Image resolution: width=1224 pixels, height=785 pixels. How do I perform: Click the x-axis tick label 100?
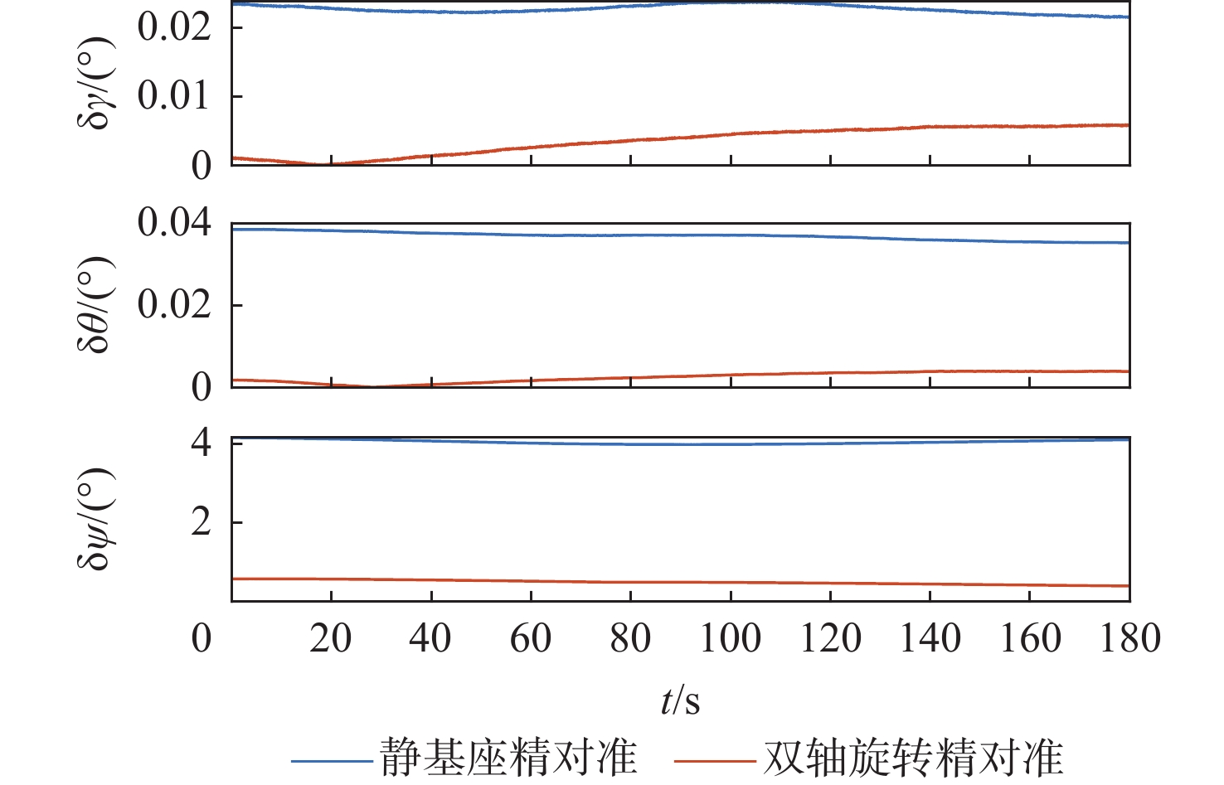tap(730, 639)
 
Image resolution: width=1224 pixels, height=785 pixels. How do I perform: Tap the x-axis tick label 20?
tap(331, 639)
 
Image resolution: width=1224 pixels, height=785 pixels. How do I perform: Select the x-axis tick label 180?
tap(1129, 639)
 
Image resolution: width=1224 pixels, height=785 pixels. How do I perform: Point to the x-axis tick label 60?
tap(531, 639)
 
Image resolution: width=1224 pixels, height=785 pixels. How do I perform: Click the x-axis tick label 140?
tap(930, 639)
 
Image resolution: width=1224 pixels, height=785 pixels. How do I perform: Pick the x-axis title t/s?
tap(681, 702)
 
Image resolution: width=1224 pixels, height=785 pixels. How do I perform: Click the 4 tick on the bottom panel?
tap(202, 443)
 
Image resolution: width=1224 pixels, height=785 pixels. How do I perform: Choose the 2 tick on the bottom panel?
tap(202, 522)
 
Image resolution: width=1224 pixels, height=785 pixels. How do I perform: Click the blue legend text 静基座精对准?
tap(508, 758)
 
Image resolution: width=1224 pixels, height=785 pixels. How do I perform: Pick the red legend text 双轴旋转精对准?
tap(913, 758)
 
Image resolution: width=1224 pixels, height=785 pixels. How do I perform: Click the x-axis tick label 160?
tap(1030, 639)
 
